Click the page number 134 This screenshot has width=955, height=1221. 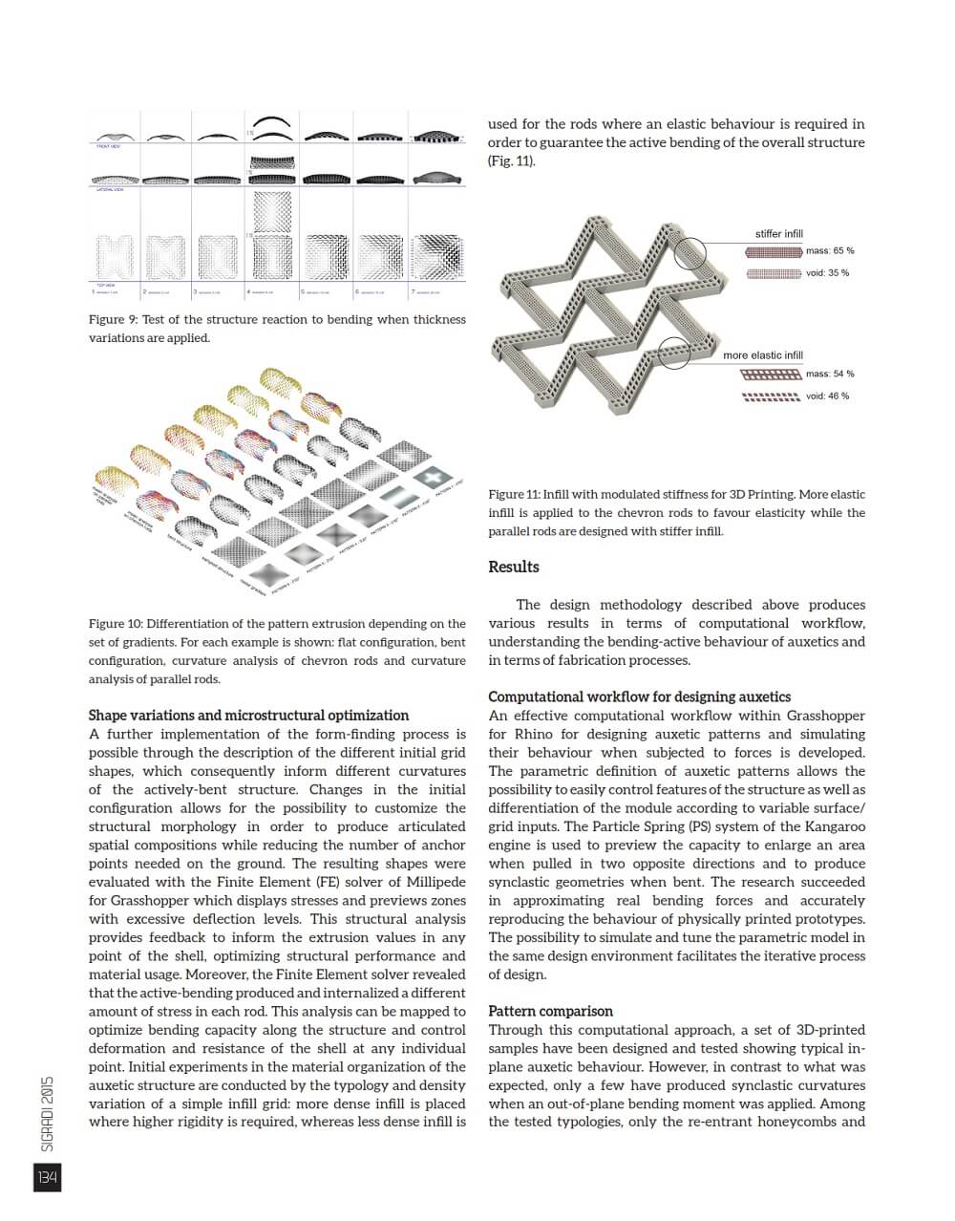pos(47,1178)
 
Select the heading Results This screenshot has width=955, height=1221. pos(513,567)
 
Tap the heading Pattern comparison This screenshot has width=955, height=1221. pos(550,1011)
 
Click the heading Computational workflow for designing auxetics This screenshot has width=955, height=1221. pos(639,697)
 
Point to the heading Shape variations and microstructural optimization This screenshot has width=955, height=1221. pos(248,716)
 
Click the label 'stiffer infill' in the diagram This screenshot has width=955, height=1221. pos(778,234)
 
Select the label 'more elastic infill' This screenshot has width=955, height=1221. pos(762,355)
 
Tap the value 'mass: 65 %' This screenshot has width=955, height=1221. pos(829,251)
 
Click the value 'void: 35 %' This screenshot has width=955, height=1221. pos(827,273)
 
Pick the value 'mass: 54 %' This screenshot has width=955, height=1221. pos(829,375)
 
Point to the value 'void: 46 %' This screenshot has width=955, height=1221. pos(827,396)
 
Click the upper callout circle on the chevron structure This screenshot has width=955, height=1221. pos(690,253)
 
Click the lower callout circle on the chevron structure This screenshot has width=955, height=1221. pos(674,353)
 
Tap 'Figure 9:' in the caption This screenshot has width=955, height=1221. pos(113,320)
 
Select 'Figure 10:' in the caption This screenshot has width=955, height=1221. pos(116,624)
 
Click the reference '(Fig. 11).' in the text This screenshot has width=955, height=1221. pos(511,161)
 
